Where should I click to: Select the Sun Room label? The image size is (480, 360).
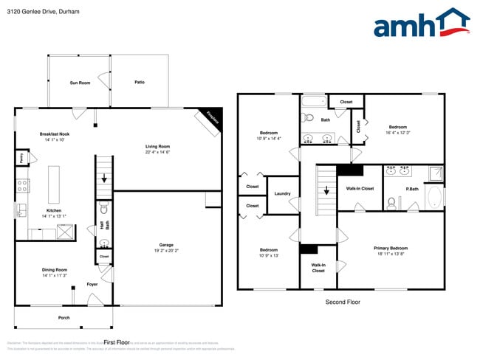pyautogui.click(x=80, y=83)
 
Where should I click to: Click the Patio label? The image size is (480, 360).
pyautogui.click(x=140, y=82)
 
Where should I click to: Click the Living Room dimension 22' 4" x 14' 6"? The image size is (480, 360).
pyautogui.click(x=157, y=152)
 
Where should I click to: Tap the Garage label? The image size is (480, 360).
pyautogui.click(x=166, y=245)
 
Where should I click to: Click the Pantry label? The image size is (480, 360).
pyautogui.click(x=22, y=158)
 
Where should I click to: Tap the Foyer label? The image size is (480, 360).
pyautogui.click(x=92, y=284)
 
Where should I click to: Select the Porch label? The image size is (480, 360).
pyautogui.click(x=64, y=318)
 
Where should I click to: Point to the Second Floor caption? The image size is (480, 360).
pyautogui.click(x=343, y=302)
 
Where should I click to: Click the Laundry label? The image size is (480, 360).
pyautogui.click(x=282, y=194)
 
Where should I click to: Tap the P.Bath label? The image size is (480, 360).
pyautogui.click(x=412, y=189)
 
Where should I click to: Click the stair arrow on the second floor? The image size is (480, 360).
pyautogui.click(x=326, y=190)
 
